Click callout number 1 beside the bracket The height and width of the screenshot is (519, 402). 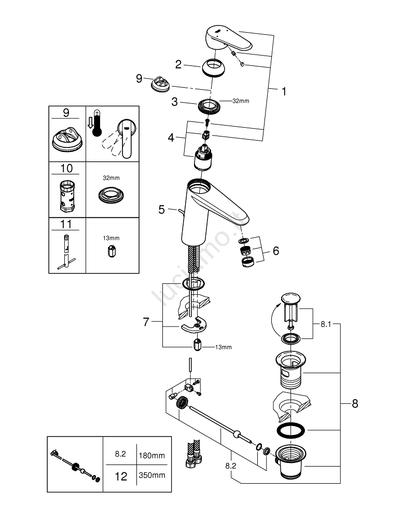284,91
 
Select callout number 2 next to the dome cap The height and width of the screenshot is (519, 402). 178,64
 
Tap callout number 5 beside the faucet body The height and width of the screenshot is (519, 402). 161,210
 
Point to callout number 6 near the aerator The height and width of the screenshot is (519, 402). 275,251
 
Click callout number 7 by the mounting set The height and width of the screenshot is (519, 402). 146,322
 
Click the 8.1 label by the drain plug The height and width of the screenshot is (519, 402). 326,323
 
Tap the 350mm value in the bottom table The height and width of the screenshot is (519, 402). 151,475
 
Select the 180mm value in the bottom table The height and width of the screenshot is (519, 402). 151,455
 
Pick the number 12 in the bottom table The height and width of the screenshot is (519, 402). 120,475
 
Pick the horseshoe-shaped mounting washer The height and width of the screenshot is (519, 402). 192,326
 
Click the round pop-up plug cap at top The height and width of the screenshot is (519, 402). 289,298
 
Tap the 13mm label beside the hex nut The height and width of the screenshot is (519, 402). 224,347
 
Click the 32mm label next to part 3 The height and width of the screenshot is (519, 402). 241,101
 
